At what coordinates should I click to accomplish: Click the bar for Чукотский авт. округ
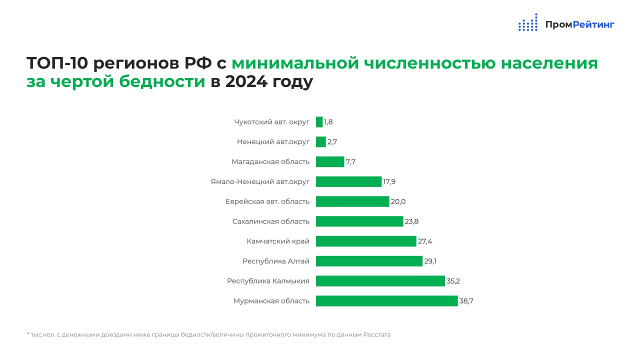tap(319, 122)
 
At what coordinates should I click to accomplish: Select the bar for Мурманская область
tap(386, 301)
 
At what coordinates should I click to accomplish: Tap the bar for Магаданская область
tap(330, 161)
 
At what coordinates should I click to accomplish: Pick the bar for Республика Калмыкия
tap(380, 281)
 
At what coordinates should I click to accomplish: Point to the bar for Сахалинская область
tap(359, 221)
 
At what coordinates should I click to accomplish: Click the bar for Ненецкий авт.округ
tap(321, 142)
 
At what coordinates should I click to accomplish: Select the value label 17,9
tap(389, 181)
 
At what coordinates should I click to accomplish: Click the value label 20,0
tap(398, 201)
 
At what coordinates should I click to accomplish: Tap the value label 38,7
tap(466, 301)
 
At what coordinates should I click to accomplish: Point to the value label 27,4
tap(425, 241)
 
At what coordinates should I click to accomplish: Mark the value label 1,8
tap(328, 122)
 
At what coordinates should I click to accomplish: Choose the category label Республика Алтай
tap(276, 261)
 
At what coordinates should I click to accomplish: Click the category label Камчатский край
tap(278, 241)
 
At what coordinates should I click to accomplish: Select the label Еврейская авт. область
tap(267, 201)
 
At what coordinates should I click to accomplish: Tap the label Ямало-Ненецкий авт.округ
tap(260, 181)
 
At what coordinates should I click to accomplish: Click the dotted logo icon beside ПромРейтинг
tap(528, 23)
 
